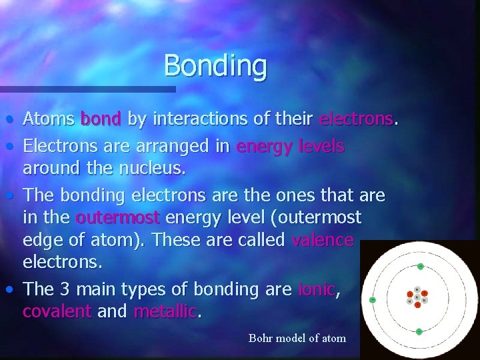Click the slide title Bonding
215,65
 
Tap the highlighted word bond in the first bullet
100,119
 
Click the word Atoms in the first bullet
49,119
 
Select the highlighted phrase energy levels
290,147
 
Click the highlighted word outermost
118,217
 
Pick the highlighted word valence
323,240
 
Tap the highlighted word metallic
165,311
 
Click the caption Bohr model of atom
297,338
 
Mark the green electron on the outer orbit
373,300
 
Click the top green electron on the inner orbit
420,266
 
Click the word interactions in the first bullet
197,119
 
